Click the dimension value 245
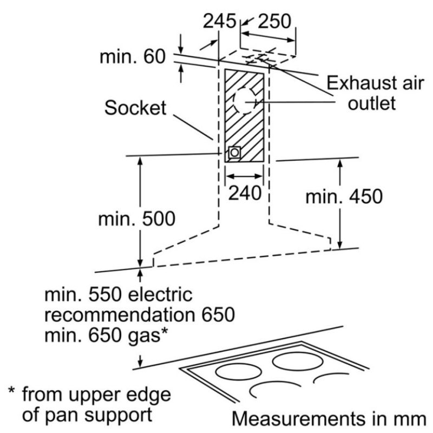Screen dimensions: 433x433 [x=220, y=21]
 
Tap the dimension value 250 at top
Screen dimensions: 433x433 [x=274, y=21]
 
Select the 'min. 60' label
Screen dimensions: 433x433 [x=133, y=57]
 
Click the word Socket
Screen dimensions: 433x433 [x=135, y=108]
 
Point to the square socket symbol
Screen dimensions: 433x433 [x=234, y=152]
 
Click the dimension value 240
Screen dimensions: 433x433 [x=245, y=193]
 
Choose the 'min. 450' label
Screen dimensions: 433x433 [x=344, y=196]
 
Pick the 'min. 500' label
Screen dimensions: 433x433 [x=137, y=219]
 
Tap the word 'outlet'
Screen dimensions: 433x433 [x=372, y=103]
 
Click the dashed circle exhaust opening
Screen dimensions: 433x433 [x=246, y=101]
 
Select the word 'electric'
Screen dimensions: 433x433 [x=160, y=294]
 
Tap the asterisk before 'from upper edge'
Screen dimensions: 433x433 [x=11, y=391]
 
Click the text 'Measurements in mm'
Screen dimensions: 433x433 [x=329, y=418]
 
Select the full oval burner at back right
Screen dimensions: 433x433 [x=297, y=362]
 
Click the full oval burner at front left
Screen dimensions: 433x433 [x=239, y=372]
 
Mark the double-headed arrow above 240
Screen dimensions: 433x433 [x=244, y=176]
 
